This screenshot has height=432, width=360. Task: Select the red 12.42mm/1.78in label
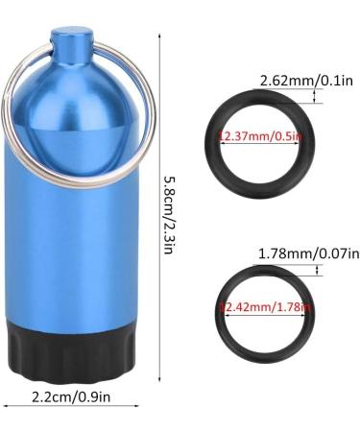(260, 308)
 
